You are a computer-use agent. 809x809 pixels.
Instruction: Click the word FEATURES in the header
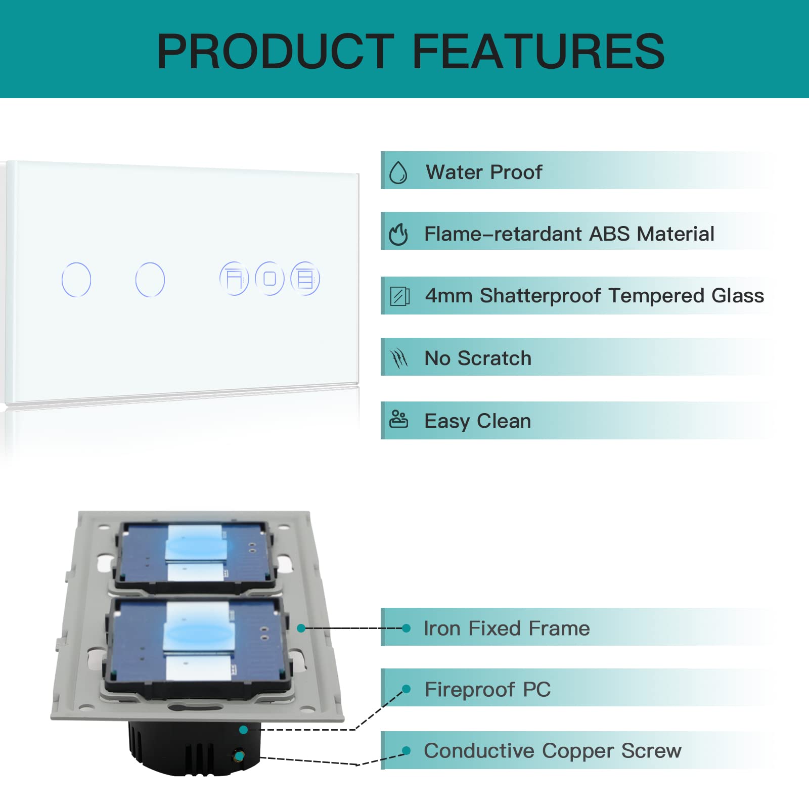pyautogui.click(x=538, y=51)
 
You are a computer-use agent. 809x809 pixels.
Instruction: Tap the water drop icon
pyautogui.click(x=398, y=172)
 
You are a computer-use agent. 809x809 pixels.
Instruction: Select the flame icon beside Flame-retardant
pyautogui.click(x=398, y=234)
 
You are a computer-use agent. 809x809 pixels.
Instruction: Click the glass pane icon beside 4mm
pyautogui.click(x=400, y=296)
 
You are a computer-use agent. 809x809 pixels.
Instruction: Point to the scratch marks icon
pyautogui.click(x=399, y=358)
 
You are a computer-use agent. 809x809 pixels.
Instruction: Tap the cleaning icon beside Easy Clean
pyautogui.click(x=398, y=419)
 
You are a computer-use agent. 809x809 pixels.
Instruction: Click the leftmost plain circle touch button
pyautogui.click(x=76, y=280)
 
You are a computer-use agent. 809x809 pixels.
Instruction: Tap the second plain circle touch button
pyautogui.click(x=150, y=280)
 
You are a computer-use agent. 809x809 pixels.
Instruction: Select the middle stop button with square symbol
pyautogui.click(x=269, y=279)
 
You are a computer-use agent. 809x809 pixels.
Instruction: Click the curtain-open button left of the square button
pyautogui.click(x=234, y=279)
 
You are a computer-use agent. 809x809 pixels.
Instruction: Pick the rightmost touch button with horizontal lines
pyautogui.click(x=305, y=279)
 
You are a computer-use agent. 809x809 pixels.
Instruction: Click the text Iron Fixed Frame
pyautogui.click(x=507, y=628)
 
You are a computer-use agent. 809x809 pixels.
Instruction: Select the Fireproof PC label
pyautogui.click(x=487, y=690)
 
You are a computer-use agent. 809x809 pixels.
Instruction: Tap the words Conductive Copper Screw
pyautogui.click(x=553, y=751)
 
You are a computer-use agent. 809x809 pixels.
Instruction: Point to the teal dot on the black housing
pyautogui.click(x=243, y=730)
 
